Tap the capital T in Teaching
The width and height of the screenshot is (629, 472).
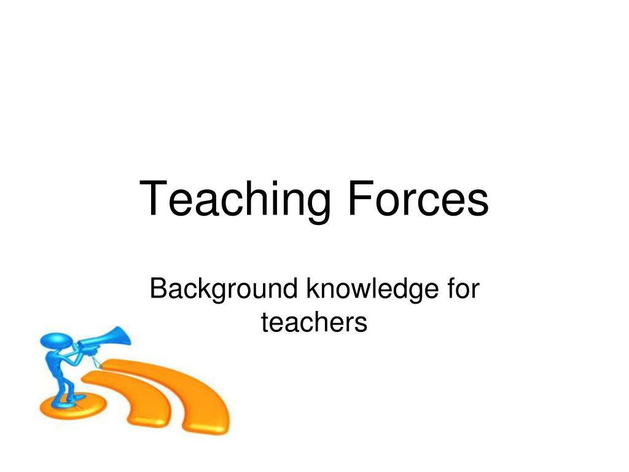click(x=154, y=198)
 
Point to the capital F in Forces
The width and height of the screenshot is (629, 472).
click(x=359, y=198)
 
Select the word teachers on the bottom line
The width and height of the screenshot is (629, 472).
click(x=314, y=322)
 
